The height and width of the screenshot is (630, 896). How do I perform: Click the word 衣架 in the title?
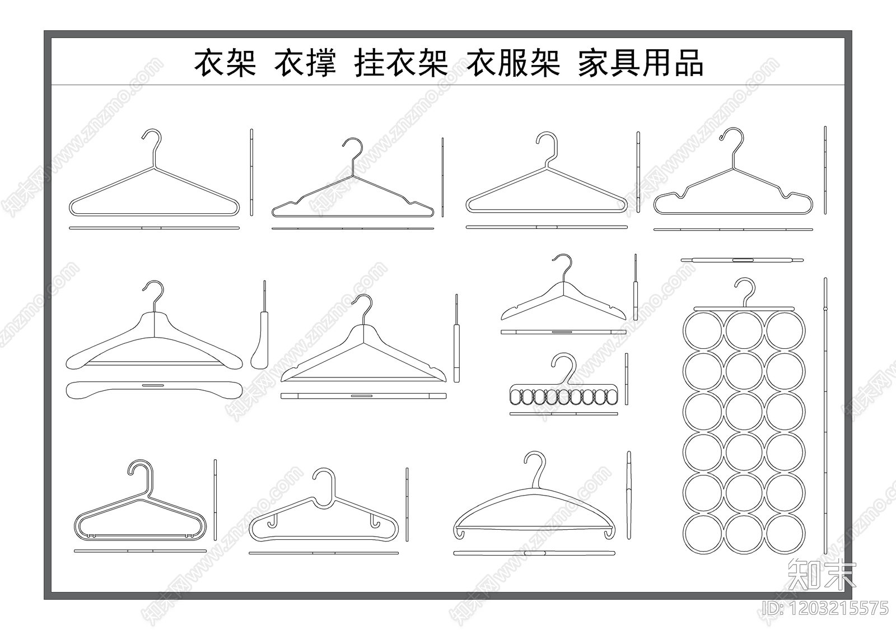225,63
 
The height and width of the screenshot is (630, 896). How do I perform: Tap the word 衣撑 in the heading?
305,63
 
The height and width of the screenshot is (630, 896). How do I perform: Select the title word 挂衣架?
401,63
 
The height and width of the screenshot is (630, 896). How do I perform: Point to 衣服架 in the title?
513,63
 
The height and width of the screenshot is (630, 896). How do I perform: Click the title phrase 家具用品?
640,63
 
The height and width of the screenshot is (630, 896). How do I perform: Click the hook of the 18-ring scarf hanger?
745,290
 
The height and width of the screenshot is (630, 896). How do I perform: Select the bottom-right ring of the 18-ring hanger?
785,533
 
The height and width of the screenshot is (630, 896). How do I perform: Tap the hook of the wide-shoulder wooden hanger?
153,292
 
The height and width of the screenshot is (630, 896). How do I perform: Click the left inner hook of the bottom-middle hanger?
273,521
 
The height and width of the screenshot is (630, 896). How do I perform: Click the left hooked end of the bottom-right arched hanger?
459,533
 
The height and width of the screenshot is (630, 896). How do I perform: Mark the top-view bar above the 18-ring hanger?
742,260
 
